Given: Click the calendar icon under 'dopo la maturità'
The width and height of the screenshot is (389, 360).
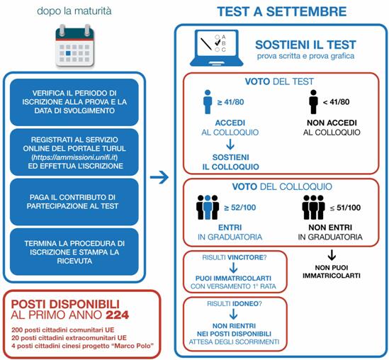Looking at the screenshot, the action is [x=75, y=45].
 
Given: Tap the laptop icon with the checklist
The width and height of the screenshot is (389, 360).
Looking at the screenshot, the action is [x=217, y=48].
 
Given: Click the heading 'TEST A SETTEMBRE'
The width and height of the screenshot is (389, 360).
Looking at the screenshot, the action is [x=281, y=11].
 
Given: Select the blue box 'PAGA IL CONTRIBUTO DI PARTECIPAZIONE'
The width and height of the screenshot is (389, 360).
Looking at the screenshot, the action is [x=74, y=202].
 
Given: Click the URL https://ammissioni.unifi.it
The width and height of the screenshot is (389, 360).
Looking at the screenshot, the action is [x=74, y=157].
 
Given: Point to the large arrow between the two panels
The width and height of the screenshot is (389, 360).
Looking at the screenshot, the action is [x=159, y=177].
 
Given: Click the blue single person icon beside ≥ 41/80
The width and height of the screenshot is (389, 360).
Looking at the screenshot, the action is [x=208, y=102].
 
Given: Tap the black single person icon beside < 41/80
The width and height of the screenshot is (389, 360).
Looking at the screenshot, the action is [x=314, y=102].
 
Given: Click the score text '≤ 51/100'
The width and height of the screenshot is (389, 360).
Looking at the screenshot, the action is [x=345, y=208].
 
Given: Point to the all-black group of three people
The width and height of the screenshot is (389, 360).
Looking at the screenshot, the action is [x=313, y=207].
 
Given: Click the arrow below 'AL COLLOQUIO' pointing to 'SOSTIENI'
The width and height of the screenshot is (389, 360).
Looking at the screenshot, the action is [x=230, y=145].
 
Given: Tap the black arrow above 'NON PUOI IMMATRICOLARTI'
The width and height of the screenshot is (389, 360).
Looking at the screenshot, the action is [x=332, y=255].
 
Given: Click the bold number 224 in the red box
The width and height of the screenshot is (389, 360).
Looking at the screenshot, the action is [x=118, y=315].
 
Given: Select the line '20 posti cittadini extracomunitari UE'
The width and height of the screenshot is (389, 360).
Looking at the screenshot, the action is [x=69, y=337].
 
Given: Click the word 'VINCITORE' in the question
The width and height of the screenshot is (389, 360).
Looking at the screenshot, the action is [x=245, y=257].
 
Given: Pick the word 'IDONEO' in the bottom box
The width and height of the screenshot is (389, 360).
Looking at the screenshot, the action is [x=246, y=303].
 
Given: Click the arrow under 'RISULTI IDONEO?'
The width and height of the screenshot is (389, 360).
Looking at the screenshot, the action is [x=233, y=314].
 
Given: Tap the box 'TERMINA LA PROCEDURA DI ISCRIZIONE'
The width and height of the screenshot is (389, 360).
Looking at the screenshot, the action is [x=74, y=252].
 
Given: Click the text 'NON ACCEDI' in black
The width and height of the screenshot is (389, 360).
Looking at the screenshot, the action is [x=332, y=123].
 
